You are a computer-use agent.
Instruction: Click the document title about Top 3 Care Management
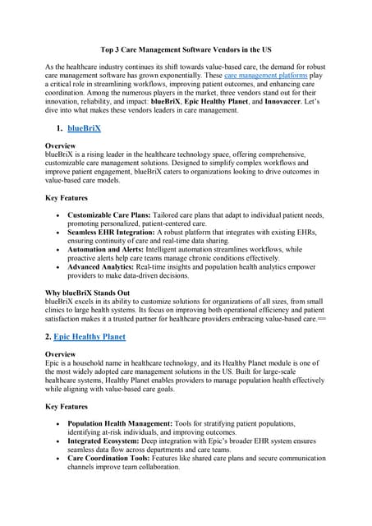(x=186, y=49)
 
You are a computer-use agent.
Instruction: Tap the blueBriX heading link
(x=85, y=129)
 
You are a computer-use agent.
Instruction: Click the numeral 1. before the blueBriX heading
(x=61, y=129)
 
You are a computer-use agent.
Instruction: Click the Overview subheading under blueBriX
(x=62, y=145)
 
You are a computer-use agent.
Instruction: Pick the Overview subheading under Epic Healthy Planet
(x=62, y=353)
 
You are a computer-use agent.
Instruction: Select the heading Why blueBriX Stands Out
(x=87, y=293)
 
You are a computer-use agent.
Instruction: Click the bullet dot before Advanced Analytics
(x=57, y=267)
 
